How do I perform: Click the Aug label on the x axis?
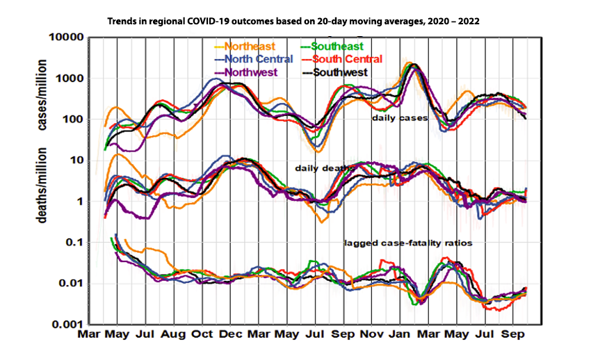(x=173, y=335)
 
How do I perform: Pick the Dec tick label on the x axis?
(x=230, y=335)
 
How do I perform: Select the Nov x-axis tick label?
(x=371, y=335)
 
